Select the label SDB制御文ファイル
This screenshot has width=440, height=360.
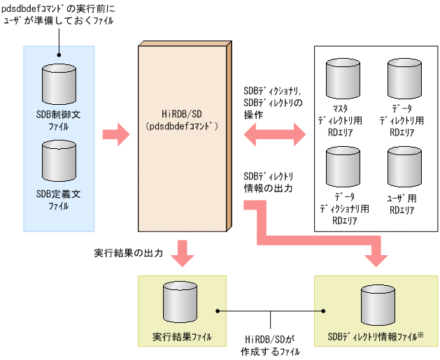coord(59,119)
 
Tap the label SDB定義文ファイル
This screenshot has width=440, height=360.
coord(59,199)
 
